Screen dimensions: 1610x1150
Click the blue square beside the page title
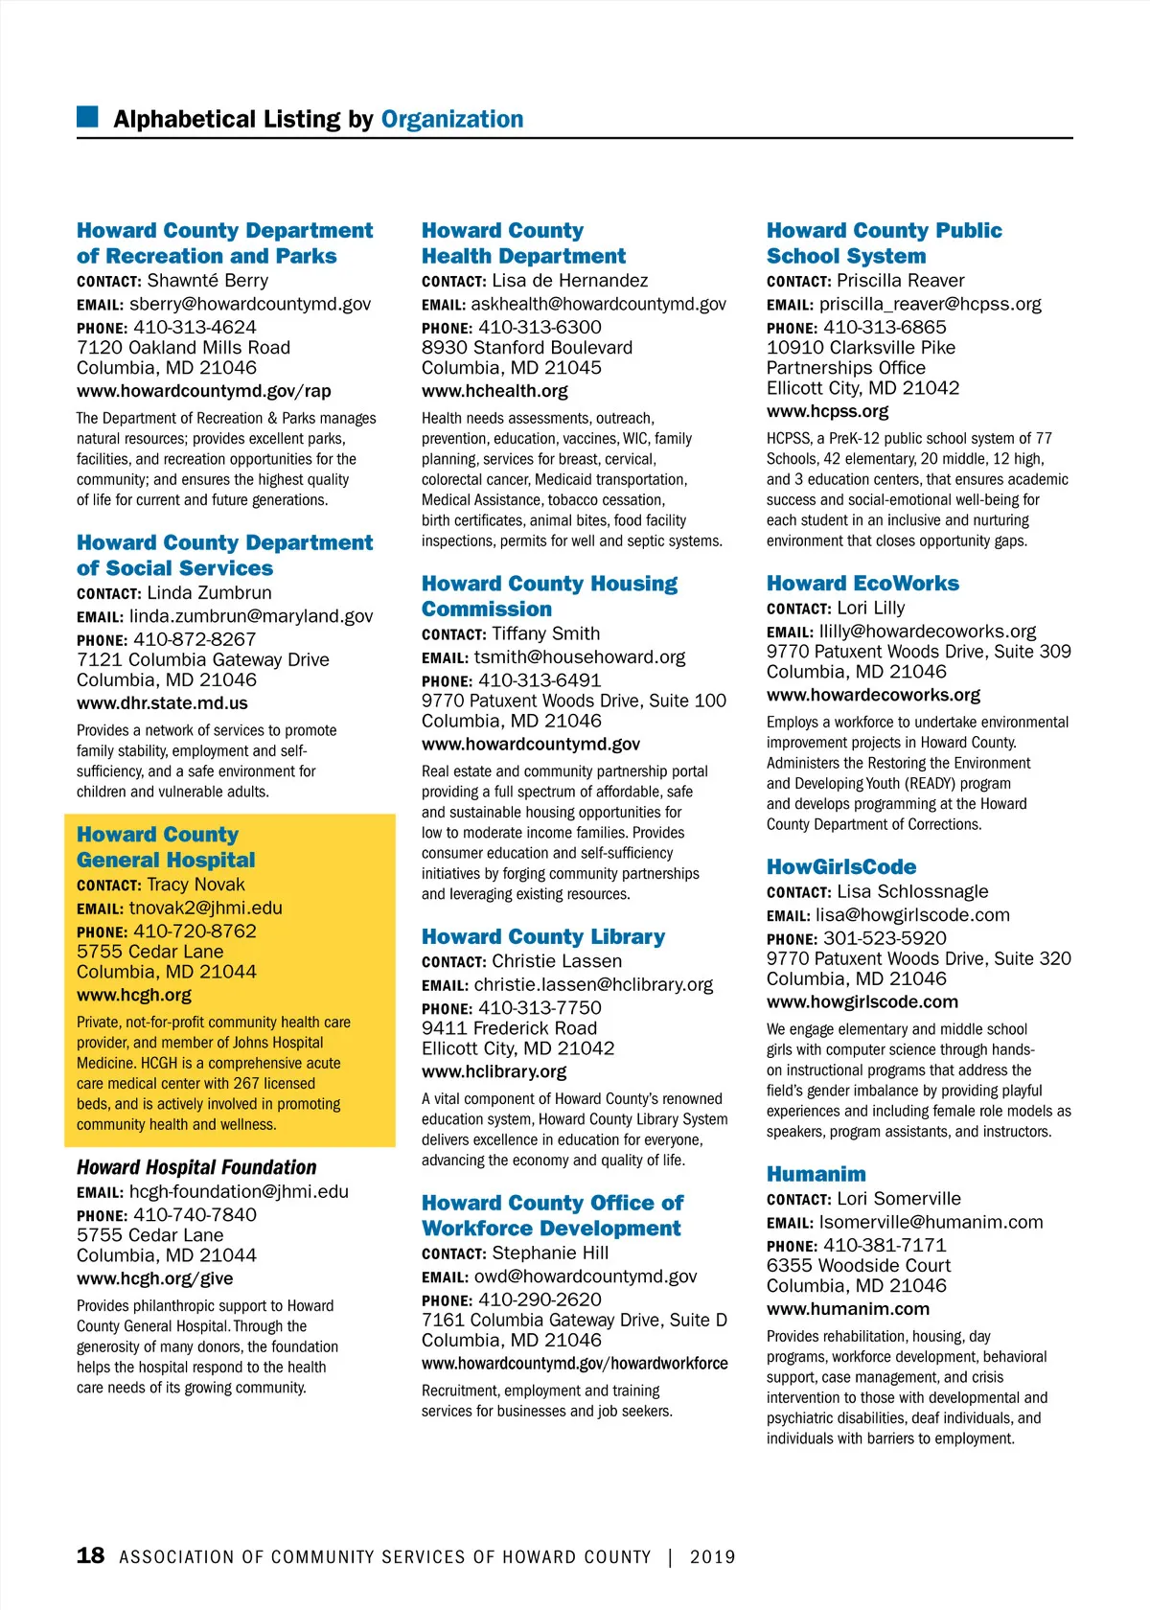[x=87, y=117]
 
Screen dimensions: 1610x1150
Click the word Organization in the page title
[x=452, y=119]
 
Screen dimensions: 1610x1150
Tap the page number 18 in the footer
[x=90, y=1555]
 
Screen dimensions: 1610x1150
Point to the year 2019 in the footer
[x=712, y=1557]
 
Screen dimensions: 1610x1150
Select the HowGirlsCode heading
[x=840, y=867]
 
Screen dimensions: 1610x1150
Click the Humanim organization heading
[x=816, y=1174]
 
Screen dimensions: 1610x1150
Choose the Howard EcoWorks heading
[x=862, y=584]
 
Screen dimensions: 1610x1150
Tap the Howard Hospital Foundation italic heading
[x=196, y=1167]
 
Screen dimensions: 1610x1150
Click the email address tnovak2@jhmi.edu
[x=205, y=908]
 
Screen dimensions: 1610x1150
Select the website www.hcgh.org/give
[x=154, y=1278]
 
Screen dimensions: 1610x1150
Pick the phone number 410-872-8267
[x=195, y=639]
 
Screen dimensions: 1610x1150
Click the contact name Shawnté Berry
[x=207, y=281]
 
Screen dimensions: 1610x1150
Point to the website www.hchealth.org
[x=494, y=391]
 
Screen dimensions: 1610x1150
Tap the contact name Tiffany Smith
[x=545, y=633]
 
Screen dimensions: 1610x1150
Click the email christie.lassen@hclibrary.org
[x=593, y=984]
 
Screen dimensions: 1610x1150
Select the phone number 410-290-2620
[x=540, y=1299]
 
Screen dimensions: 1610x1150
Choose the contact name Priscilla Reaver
[x=900, y=281]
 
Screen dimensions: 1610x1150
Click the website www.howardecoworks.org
[x=873, y=695]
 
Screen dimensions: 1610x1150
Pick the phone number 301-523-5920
[x=885, y=938]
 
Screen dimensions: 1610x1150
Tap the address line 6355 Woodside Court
[x=858, y=1265]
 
